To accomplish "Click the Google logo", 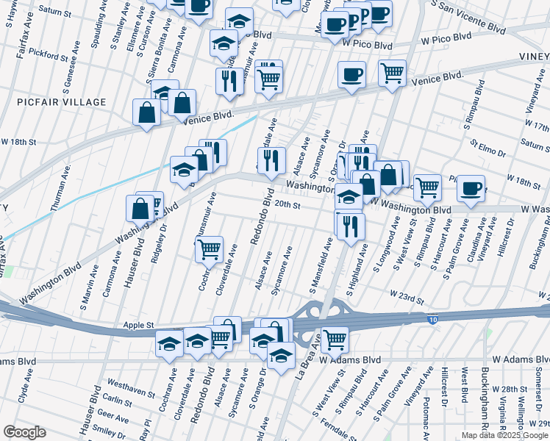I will pyautogui.click(x=24, y=432).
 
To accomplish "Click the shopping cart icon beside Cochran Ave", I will pyautogui.click(x=209, y=250).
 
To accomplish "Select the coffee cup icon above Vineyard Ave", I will pyautogui.click(x=471, y=189).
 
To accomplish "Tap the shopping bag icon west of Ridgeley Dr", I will pyautogui.click(x=140, y=209).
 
